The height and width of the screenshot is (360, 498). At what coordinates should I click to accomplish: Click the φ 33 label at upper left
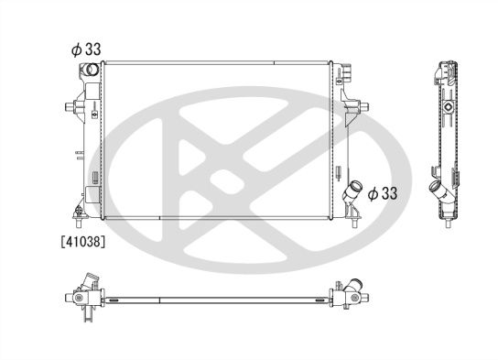point(85,49)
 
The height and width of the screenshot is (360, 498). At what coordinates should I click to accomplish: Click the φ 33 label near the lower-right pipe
point(383,193)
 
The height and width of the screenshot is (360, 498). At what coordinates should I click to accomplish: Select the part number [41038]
point(83,244)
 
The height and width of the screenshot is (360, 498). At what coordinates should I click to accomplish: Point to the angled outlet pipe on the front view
point(352,195)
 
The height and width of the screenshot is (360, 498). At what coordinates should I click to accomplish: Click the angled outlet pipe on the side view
point(440,194)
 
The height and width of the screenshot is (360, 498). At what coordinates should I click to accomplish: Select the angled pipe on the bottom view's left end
point(89,281)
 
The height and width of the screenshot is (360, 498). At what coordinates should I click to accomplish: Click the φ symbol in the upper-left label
point(75,49)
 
